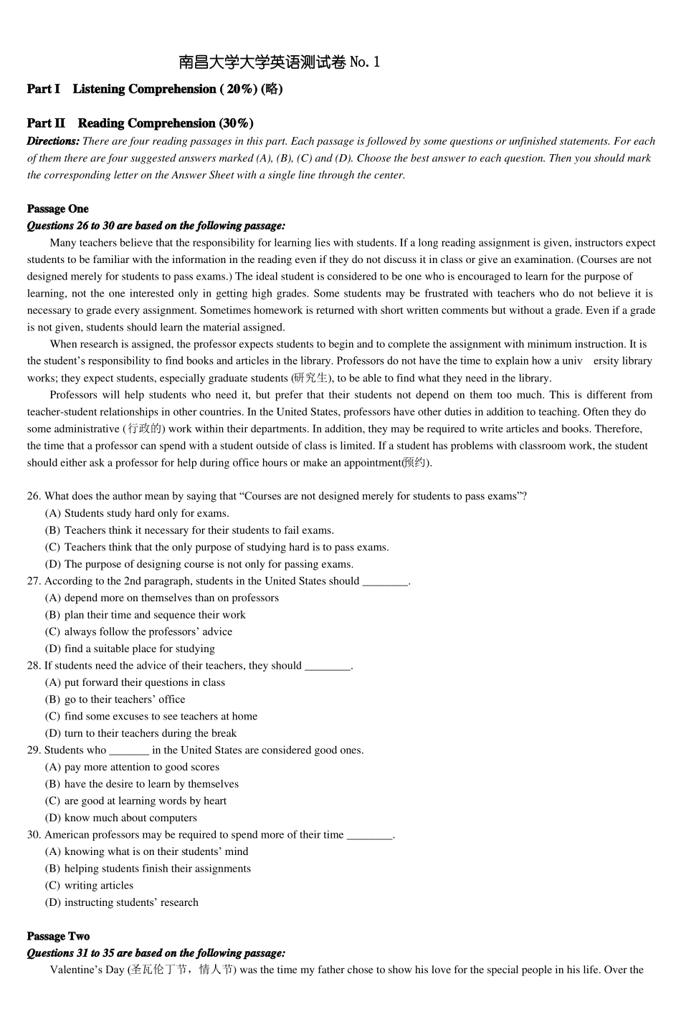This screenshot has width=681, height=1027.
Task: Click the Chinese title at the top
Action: pyautogui.click(x=279, y=62)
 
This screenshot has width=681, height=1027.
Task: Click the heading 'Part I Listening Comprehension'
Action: pyautogui.click(x=154, y=89)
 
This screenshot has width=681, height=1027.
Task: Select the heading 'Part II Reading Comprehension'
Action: pyautogui.click(x=140, y=123)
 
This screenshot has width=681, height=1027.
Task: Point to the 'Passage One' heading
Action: pyautogui.click(x=58, y=209)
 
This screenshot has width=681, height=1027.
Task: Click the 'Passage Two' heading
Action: pyautogui.click(x=58, y=936)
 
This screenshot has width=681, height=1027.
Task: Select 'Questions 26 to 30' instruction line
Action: pyautogui.click(x=156, y=226)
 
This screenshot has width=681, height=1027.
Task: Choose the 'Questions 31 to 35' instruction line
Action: pyautogui.click(x=156, y=953)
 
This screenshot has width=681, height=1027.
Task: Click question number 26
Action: pyautogui.click(x=34, y=496)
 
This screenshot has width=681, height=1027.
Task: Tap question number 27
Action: pyautogui.click(x=34, y=581)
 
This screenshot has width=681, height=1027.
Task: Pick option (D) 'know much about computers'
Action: pyautogui.click(x=120, y=818)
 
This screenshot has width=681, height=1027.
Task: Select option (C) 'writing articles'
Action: pyautogui.click(x=89, y=885)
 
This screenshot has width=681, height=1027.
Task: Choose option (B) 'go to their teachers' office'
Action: pyautogui.click(x=115, y=699)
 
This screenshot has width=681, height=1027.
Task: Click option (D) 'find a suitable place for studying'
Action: pyautogui.click(x=130, y=649)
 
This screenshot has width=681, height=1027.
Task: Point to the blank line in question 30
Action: pyautogui.click(x=369, y=836)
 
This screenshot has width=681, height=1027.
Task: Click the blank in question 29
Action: pyautogui.click(x=129, y=751)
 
